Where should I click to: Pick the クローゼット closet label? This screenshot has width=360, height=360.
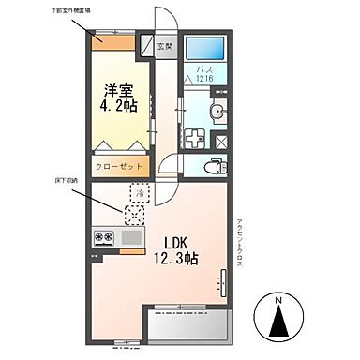(x=120, y=165)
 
